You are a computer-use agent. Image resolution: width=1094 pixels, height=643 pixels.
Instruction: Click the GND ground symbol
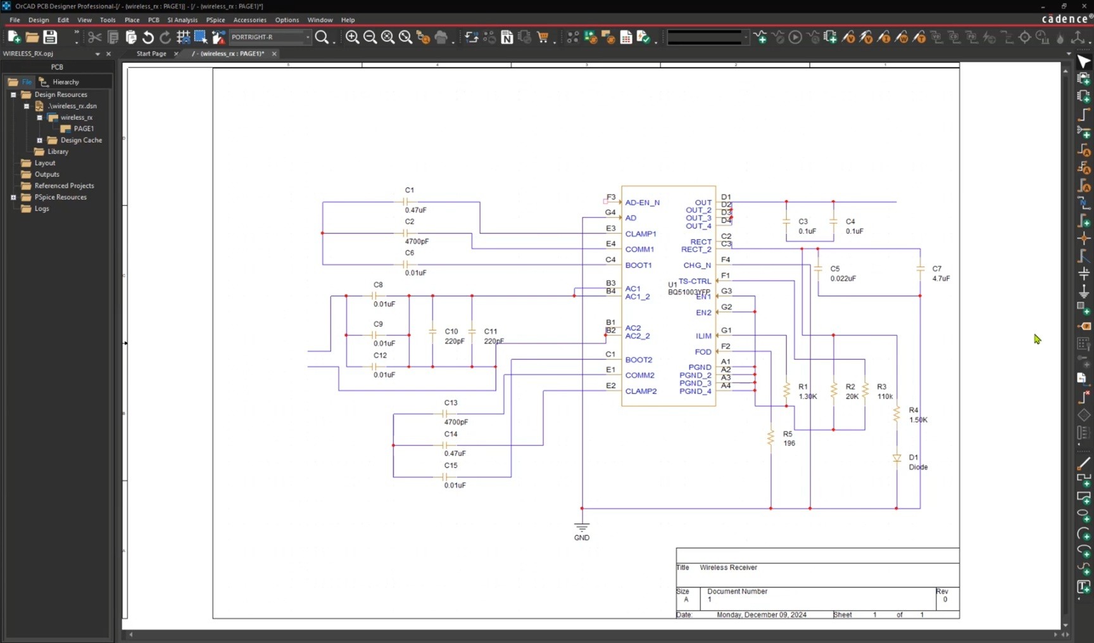[x=582, y=527]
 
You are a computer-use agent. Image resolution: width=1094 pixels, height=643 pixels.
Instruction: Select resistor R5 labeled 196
[x=770, y=438]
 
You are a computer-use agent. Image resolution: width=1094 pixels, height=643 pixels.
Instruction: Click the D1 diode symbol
[x=896, y=458]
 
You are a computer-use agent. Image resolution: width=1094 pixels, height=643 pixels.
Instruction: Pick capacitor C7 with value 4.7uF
[x=920, y=269]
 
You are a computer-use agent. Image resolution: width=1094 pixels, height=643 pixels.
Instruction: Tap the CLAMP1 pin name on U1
[x=641, y=234]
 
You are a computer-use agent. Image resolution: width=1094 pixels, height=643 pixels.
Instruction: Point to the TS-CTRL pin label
[x=695, y=281]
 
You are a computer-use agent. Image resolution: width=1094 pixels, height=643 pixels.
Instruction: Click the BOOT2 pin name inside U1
[x=638, y=360]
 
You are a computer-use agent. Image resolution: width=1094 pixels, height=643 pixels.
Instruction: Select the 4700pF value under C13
[x=456, y=422]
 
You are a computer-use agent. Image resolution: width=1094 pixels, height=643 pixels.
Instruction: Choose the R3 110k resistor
[x=865, y=391]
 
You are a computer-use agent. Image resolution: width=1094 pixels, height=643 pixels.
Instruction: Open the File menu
[x=15, y=20]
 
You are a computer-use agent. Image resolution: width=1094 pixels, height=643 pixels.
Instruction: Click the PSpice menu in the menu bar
[x=215, y=20]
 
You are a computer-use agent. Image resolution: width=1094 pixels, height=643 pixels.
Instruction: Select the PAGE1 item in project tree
[x=84, y=129]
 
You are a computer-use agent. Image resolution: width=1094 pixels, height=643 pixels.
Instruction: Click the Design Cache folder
[x=81, y=140]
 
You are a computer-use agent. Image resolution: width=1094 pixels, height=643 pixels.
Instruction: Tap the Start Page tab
[x=151, y=54]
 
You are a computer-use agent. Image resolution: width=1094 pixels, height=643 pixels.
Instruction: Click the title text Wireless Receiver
[x=728, y=568]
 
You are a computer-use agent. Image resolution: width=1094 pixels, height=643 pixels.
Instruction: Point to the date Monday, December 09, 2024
[x=761, y=614]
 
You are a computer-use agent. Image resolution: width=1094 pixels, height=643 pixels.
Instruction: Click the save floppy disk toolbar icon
[x=50, y=37]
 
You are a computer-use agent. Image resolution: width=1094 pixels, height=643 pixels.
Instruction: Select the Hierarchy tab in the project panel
[x=65, y=82]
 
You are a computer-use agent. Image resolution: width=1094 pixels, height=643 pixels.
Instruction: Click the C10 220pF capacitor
[x=433, y=332]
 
